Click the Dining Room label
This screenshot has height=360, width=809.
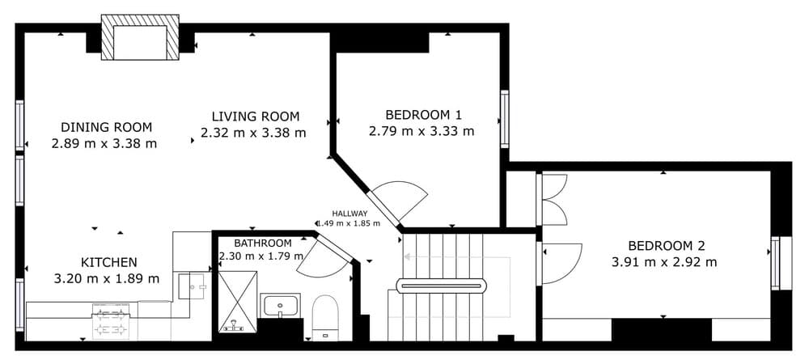click(x=106, y=127)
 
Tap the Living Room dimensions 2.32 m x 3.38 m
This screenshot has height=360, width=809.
click(x=252, y=133)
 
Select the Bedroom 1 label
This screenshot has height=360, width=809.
click(x=423, y=114)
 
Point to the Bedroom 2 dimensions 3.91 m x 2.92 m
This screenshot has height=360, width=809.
click(x=664, y=262)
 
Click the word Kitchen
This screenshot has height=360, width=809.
click(x=109, y=262)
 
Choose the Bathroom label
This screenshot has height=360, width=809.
click(x=263, y=243)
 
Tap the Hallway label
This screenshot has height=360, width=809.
click(x=349, y=213)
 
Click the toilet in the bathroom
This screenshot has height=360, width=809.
click(x=325, y=318)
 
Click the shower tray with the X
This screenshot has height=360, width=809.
click(x=237, y=301)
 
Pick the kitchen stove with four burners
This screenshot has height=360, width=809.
click(x=110, y=321)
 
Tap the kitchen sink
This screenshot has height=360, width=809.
click(x=193, y=286)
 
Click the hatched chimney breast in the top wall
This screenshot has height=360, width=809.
click(x=140, y=37)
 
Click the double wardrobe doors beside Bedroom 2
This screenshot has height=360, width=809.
click(x=553, y=200)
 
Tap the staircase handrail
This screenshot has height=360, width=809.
click(x=441, y=286)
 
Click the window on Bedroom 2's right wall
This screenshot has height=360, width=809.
click(x=781, y=263)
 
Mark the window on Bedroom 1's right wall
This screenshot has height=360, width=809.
click(x=504, y=119)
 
